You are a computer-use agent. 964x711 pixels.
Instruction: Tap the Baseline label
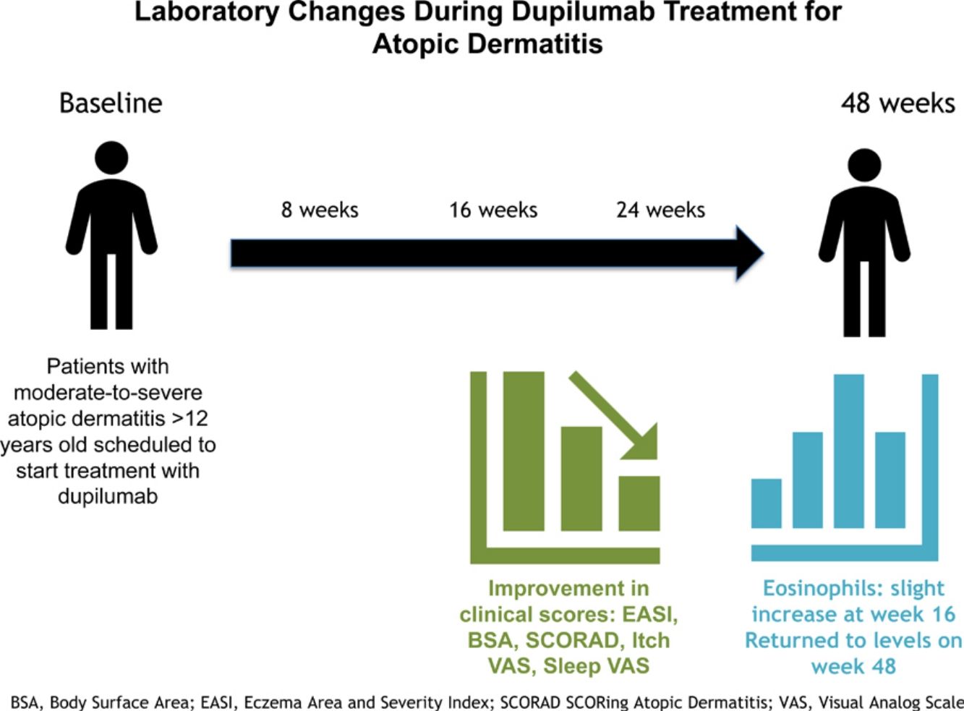click(x=111, y=103)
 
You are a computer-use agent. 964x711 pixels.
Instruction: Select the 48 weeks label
click(x=897, y=103)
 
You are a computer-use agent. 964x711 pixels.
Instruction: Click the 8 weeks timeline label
click(x=320, y=210)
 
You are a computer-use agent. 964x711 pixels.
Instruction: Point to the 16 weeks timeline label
click(x=493, y=210)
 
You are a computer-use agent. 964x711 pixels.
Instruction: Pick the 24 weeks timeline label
click(x=660, y=210)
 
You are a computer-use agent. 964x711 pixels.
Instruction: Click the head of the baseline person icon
click(x=111, y=157)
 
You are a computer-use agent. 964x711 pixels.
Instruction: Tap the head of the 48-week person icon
click(x=864, y=166)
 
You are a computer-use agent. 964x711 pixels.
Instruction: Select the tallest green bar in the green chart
click(x=523, y=451)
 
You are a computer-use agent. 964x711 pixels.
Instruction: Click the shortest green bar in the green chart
click(x=639, y=503)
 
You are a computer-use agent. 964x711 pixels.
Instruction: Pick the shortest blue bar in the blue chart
click(x=766, y=503)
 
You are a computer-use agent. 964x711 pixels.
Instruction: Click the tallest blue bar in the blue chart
click(x=848, y=450)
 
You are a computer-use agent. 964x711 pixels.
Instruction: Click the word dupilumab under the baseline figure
click(x=108, y=496)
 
